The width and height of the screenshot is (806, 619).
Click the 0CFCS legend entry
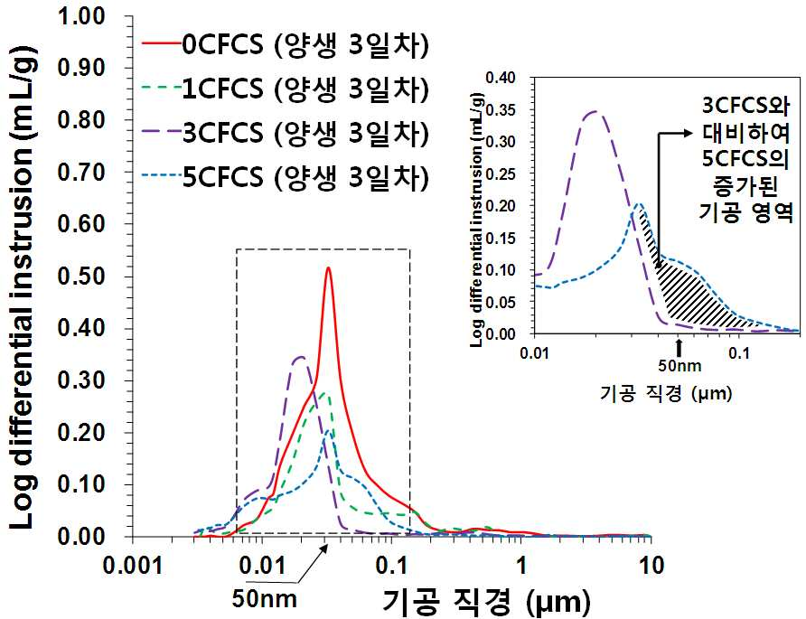pyautogui.click(x=286, y=46)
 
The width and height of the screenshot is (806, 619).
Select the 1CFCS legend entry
pyautogui.click(x=286, y=89)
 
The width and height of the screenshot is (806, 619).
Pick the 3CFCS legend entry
pyautogui.click(x=286, y=133)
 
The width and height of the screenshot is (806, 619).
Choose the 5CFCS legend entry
pyautogui.click(x=286, y=177)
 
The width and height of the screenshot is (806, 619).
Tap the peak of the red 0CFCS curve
pyautogui.click(x=328, y=267)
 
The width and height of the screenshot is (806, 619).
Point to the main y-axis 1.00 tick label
pyautogui.click(x=80, y=16)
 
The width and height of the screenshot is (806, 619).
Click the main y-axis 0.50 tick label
pyautogui.click(x=80, y=277)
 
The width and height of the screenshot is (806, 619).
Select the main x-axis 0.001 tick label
pyautogui.click(x=133, y=566)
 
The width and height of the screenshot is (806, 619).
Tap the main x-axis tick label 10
pyautogui.click(x=651, y=566)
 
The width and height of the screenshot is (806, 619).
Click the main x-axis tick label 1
pyautogui.click(x=521, y=566)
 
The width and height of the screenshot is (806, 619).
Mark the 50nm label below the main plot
pyautogui.click(x=264, y=598)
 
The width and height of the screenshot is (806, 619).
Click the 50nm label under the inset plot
pyautogui.click(x=679, y=366)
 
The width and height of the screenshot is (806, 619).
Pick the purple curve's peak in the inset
pyautogui.click(x=595, y=111)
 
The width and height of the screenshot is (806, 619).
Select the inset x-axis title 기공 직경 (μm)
pyautogui.click(x=666, y=394)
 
